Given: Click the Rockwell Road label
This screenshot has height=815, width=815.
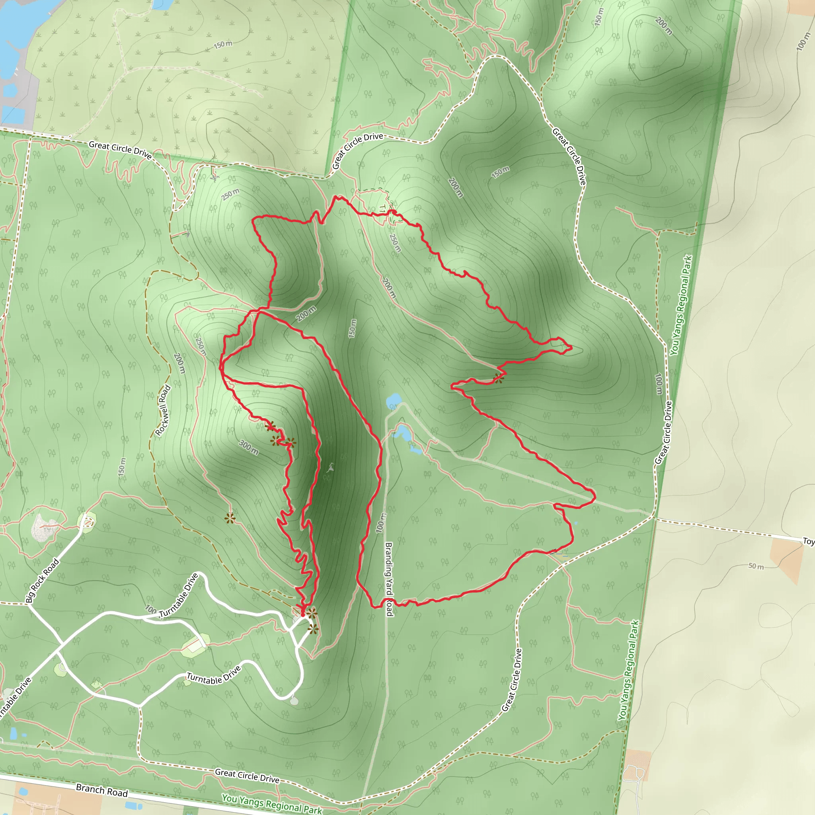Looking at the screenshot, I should (x=163, y=410).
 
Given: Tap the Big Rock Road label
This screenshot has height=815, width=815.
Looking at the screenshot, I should (x=42, y=581).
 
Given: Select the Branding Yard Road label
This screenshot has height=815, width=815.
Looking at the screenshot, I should (x=388, y=579).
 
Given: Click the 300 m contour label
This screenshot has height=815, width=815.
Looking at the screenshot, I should (x=248, y=447).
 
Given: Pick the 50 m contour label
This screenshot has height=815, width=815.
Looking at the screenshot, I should (x=756, y=566).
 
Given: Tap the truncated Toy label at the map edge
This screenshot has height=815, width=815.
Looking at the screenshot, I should (x=808, y=541).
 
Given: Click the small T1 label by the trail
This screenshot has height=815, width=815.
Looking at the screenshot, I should (x=382, y=209).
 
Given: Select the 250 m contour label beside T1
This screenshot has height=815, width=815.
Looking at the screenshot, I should (x=395, y=243).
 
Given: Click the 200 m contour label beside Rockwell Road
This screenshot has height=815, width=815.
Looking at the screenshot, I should (x=179, y=363).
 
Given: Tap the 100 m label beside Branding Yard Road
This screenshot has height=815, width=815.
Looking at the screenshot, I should (x=380, y=523).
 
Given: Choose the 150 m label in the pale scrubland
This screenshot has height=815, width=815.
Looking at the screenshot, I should (x=223, y=44).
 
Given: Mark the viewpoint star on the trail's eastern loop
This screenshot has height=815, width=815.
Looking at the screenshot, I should (x=499, y=378).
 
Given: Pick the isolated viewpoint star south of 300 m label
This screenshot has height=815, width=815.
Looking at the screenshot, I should (x=230, y=518).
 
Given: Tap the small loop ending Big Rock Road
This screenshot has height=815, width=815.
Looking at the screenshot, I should (x=88, y=522).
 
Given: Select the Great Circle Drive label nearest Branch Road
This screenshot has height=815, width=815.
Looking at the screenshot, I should (x=247, y=775).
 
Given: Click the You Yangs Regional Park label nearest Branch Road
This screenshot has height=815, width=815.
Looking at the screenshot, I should (x=272, y=804).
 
